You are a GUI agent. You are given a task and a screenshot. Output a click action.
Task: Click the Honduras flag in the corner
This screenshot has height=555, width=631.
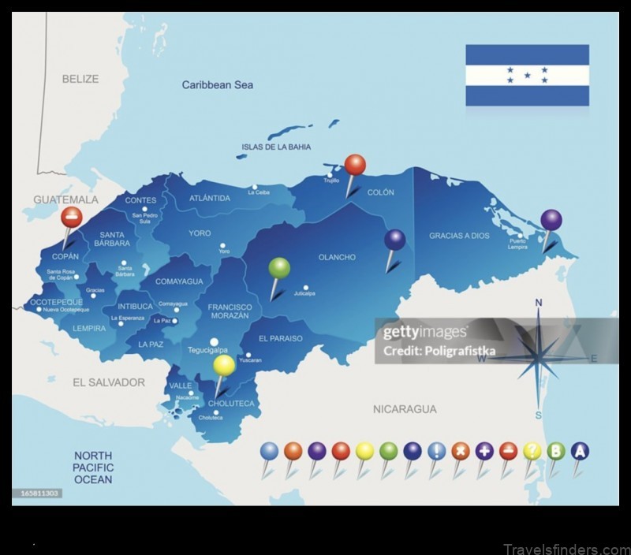click(527, 75)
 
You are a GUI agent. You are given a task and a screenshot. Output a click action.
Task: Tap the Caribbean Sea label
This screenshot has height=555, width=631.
click(218, 84)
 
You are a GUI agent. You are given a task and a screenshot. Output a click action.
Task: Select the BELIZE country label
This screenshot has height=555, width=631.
click(80, 79)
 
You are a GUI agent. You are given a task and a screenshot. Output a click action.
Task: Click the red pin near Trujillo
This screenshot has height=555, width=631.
click(355, 166)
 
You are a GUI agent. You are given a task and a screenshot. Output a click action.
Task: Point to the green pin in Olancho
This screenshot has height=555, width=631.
click(279, 269)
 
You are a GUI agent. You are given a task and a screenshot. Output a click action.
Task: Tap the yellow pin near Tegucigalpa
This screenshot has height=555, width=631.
click(224, 365)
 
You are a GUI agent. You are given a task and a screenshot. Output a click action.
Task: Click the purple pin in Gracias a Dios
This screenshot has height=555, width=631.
click(551, 220)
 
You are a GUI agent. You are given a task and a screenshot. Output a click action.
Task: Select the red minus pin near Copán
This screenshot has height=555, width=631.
click(71, 217)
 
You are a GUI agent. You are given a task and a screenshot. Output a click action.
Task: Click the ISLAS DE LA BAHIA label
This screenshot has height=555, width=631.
click(276, 147)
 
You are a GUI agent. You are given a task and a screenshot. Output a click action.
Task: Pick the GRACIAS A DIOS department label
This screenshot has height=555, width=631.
click(459, 236)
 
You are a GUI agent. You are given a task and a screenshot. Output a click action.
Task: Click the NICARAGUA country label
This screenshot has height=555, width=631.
click(404, 409)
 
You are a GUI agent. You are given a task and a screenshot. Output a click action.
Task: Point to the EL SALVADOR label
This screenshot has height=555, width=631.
click(109, 382)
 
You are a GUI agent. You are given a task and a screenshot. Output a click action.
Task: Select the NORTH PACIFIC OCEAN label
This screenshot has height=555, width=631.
click(93, 467)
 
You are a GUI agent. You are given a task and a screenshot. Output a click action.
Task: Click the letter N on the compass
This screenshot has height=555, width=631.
click(539, 303)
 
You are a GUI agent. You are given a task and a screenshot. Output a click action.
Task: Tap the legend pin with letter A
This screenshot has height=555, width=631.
click(580, 451)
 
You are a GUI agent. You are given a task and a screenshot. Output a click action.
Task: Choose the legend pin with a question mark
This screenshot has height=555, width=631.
click(532, 451)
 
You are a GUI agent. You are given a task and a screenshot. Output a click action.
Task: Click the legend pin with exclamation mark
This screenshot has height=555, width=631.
click(436, 451)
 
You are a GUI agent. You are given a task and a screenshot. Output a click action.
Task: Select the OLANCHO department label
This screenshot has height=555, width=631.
click(337, 257)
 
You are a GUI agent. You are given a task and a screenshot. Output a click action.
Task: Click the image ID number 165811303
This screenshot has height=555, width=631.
click(37, 494)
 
